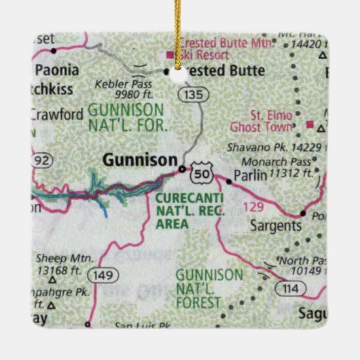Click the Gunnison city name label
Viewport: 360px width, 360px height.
[139, 160]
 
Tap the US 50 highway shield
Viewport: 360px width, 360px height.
[199, 173]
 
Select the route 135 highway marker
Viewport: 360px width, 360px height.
[194, 95]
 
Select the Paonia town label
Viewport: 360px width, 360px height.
[57, 69]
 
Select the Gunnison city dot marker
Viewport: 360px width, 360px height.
[181, 168]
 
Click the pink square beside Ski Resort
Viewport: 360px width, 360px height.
[169, 54]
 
